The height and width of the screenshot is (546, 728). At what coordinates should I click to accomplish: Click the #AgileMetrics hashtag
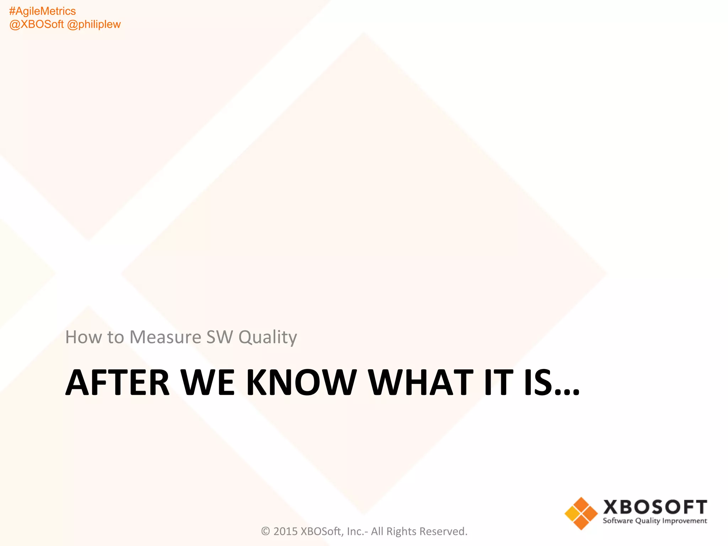pyautogui.click(x=42, y=11)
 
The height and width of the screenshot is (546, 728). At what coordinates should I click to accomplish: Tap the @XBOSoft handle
pyautogui.click(x=36, y=25)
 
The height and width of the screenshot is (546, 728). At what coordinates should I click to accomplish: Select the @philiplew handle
pyautogui.click(x=94, y=25)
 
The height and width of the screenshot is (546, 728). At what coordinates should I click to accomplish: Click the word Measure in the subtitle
pyautogui.click(x=166, y=337)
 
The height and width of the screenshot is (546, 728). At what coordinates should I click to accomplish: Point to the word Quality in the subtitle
pyautogui.click(x=268, y=337)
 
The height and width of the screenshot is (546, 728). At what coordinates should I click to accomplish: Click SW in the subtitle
pyautogui.click(x=220, y=337)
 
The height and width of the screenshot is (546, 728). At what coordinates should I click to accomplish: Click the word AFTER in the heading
pyautogui.click(x=118, y=382)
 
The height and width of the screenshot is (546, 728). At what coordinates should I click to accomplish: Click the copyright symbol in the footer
pyautogui.click(x=266, y=531)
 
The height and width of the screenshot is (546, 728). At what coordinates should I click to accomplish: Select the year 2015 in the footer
pyautogui.click(x=285, y=531)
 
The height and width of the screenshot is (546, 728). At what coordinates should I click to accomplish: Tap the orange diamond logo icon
pyautogui.click(x=581, y=513)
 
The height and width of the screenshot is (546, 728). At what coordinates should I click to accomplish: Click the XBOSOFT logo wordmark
pyautogui.click(x=655, y=507)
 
